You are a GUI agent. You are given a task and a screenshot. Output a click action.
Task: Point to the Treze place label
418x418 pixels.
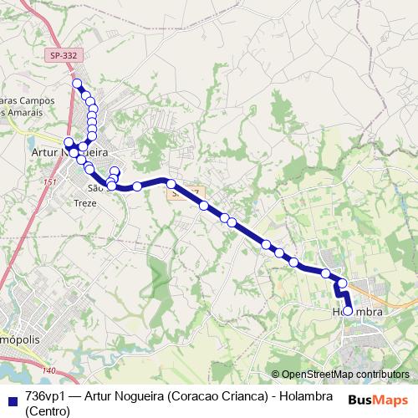pyautogui.click(x=86, y=203)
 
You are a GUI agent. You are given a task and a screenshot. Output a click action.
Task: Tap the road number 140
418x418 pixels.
pyautogui.click(x=49, y=370)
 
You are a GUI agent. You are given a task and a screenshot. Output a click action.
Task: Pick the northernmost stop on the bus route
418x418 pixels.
pyautogui.click(x=77, y=84)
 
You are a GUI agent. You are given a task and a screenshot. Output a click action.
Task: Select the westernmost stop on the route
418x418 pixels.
pyautogui.click(x=69, y=142)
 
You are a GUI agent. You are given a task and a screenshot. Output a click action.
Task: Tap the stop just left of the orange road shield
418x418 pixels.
pyautogui.click(x=171, y=183)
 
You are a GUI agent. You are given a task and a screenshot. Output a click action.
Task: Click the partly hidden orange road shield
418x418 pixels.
pyautogui.click(x=186, y=191)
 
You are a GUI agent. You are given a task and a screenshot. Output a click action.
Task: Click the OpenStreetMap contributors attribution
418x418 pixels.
pyautogui.click(x=339, y=375)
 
